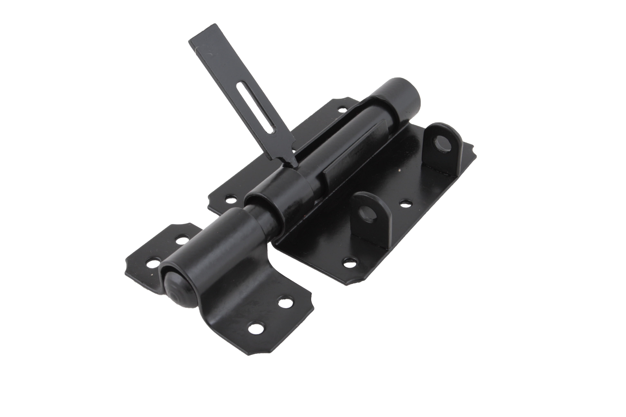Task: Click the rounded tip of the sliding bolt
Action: [176, 292]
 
